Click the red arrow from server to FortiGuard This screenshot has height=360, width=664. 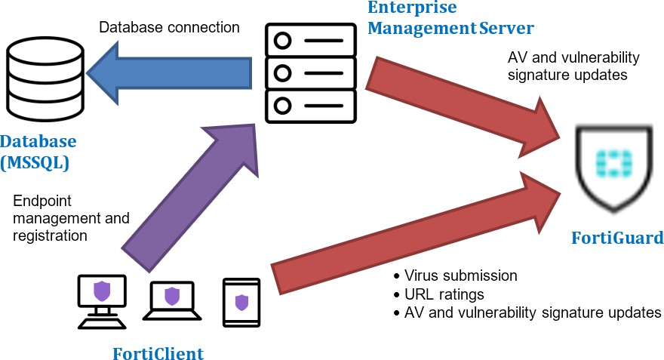tap(460, 101)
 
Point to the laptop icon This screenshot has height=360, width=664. tap(173, 301)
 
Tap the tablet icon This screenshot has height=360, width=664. tap(241, 303)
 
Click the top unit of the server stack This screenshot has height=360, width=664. tap(310, 41)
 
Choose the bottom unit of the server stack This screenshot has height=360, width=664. tap(310, 104)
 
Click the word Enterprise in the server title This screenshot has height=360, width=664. tap(411, 8)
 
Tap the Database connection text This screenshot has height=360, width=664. tap(170, 28)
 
